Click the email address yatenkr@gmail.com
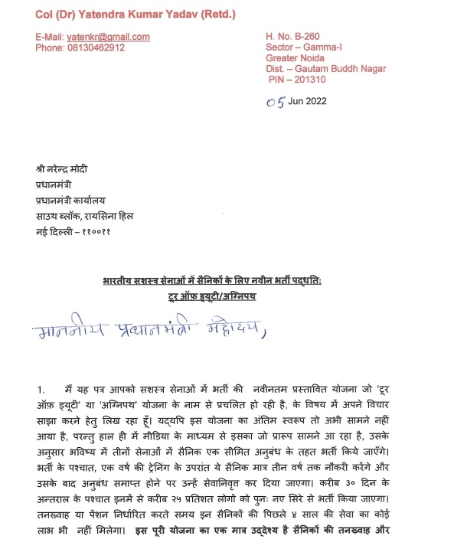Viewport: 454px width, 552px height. click(x=108, y=37)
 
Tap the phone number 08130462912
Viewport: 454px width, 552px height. click(x=94, y=47)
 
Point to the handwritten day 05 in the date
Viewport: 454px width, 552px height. click(x=274, y=102)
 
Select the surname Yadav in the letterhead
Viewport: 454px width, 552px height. click(x=162, y=15)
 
